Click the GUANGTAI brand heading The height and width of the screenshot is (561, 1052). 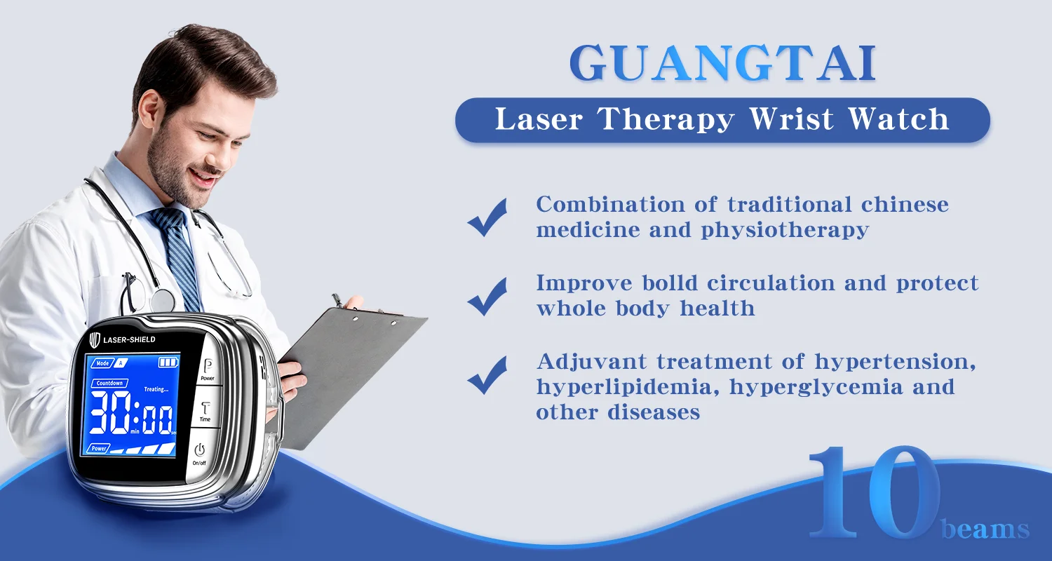point(722,63)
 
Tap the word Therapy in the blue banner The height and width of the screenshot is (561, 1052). point(666,119)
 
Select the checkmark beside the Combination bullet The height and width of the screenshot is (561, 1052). point(487,217)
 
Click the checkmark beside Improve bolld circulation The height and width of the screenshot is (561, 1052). point(487,296)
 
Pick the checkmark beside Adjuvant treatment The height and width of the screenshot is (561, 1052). point(487,374)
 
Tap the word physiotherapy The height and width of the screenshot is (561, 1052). point(785,231)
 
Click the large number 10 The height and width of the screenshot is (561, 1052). point(874,492)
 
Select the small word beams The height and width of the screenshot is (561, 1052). point(985,529)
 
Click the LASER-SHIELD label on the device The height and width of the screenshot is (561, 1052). point(129,339)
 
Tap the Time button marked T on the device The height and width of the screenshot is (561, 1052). point(205,407)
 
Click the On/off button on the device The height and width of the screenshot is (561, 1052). point(200,454)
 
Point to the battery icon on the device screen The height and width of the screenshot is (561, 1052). point(168,362)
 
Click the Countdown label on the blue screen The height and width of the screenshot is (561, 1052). point(109,383)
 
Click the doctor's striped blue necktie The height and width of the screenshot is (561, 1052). point(176,256)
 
